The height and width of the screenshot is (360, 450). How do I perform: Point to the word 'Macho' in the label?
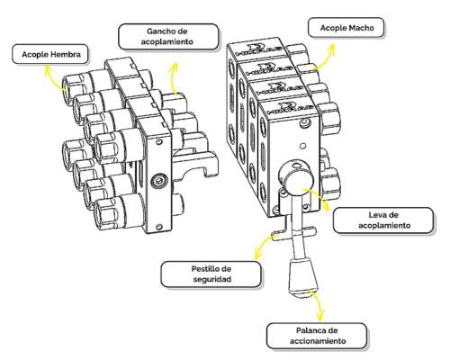click(364, 29)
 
